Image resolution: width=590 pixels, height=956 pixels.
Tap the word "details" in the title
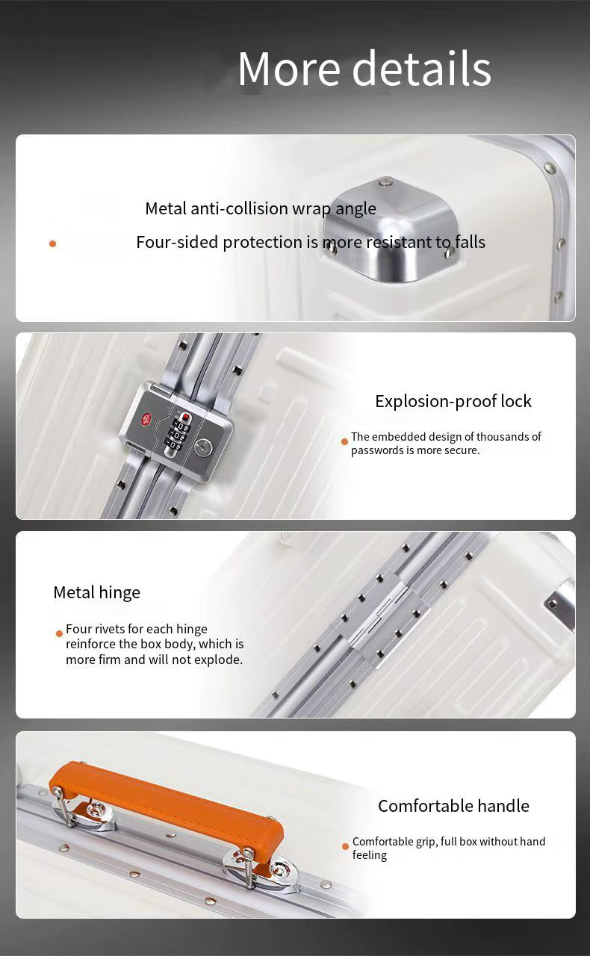tap(422, 69)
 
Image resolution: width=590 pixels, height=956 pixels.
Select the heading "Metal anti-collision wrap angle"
tap(261, 208)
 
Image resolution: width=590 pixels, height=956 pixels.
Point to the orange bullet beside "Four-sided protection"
tap(52, 243)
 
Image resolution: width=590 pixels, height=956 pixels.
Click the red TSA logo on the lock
tap(149, 418)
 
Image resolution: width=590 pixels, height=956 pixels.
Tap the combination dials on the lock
tap(180, 432)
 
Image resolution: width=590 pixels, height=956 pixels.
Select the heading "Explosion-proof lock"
tap(453, 401)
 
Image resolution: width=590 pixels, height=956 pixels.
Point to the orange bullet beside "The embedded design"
tap(344, 441)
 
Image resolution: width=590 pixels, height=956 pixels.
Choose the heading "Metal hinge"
tap(96, 593)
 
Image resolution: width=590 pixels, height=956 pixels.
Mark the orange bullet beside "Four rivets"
tap(59, 633)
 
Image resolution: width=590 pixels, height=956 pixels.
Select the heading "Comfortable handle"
tap(453, 806)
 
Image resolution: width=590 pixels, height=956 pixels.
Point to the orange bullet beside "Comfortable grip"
tap(345, 846)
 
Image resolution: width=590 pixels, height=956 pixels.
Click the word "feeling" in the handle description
tap(370, 856)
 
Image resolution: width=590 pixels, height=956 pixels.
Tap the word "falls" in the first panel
tap(470, 242)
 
